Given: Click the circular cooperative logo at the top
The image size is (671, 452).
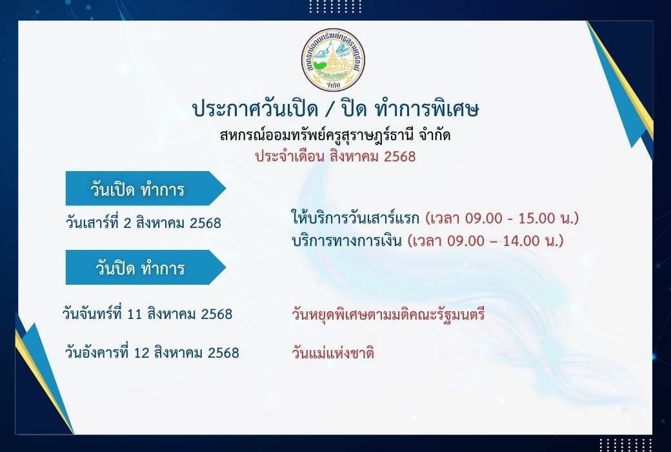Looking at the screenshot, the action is pyautogui.click(x=333, y=59).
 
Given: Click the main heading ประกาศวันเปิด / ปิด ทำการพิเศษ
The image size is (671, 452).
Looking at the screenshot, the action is pyautogui.click(x=336, y=109).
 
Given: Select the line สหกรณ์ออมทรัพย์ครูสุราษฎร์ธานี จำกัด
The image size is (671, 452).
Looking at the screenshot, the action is pyautogui.click(x=335, y=135).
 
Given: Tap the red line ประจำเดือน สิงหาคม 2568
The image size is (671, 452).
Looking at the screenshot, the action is pyautogui.click(x=335, y=156).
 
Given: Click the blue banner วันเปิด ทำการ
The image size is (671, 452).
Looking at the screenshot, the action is pyautogui.click(x=146, y=189).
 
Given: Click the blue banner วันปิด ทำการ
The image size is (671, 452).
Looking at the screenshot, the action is pyautogui.click(x=146, y=267).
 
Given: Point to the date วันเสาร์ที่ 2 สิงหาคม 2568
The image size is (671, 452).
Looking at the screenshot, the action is pyautogui.click(x=143, y=223).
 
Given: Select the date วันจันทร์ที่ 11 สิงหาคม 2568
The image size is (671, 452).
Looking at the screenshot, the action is pyautogui.click(x=147, y=314).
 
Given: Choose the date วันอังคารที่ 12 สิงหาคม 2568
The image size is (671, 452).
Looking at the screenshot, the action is pyautogui.click(x=152, y=353).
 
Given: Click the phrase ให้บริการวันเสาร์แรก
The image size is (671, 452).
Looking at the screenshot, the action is pyautogui.click(x=356, y=218).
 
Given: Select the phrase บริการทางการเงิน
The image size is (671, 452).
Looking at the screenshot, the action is pyautogui.click(x=346, y=241).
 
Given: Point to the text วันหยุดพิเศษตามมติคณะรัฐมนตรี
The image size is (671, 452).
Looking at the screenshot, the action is pyautogui.click(x=388, y=314).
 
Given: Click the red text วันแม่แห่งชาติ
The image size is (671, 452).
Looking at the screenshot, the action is pyautogui.click(x=333, y=353).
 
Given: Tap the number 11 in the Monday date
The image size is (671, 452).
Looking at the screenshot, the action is pyautogui.click(x=135, y=314).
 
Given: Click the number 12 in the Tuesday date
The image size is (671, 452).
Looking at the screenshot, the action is pyautogui.click(x=141, y=353).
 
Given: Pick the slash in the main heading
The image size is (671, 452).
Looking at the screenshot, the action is pyautogui.click(x=330, y=110).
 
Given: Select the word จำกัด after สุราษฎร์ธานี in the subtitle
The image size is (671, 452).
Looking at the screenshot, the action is pyautogui.click(x=435, y=135).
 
